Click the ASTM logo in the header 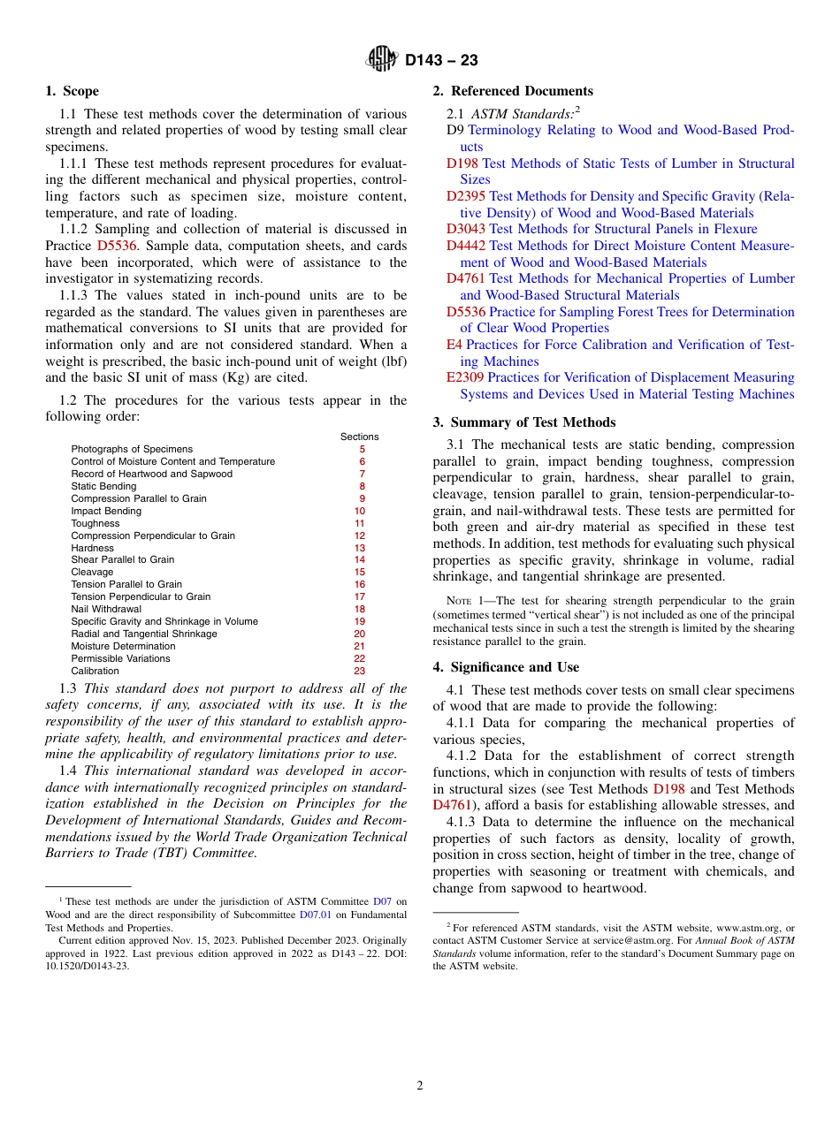pos(383,60)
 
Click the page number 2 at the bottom pos(420,1086)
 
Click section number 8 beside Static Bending pos(362,486)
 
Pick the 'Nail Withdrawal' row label pos(106,609)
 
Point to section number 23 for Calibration pos(359,671)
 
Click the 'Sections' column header pos(359,437)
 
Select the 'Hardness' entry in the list pos(92,548)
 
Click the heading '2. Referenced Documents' pos(513,91)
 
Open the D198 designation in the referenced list pos(462,163)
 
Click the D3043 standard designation pos(466,229)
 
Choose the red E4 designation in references pos(454,345)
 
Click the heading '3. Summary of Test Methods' pos(523,422)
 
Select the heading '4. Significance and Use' pos(506,667)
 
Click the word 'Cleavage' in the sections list pos(92,572)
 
